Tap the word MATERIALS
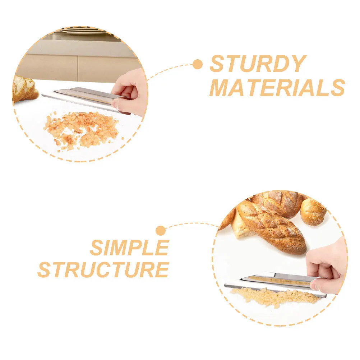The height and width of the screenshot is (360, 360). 277,87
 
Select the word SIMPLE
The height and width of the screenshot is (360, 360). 129,248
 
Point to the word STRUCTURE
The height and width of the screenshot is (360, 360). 103,269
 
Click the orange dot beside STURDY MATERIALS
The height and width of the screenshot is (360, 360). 197,64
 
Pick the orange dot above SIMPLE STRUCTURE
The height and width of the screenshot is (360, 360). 161,230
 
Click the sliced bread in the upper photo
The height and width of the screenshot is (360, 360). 24,89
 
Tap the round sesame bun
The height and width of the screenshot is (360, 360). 313,212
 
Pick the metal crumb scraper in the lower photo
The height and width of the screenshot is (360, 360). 273,282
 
